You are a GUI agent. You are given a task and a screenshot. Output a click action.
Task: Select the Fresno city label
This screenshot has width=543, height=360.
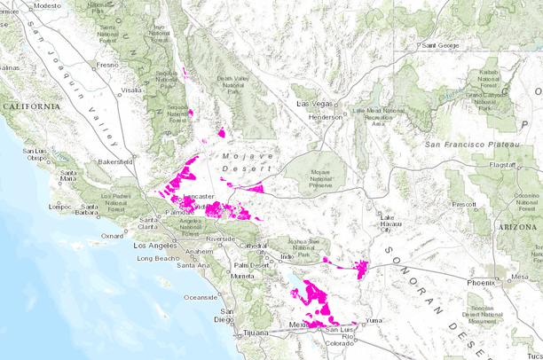pos(106,65)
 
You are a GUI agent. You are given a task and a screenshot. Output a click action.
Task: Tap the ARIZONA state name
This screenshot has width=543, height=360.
pos(515,227)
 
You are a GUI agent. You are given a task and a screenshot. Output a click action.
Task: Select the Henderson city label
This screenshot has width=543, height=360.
pos(325,116)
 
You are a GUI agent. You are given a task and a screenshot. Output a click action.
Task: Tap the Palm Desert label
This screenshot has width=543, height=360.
pos(252,265)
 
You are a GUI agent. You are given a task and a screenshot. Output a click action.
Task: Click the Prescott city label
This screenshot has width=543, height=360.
pos(462,204)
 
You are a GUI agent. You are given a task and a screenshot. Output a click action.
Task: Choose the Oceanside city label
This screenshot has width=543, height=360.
pos(201,297)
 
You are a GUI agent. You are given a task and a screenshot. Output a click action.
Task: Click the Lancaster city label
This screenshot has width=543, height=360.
pos(198,196)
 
